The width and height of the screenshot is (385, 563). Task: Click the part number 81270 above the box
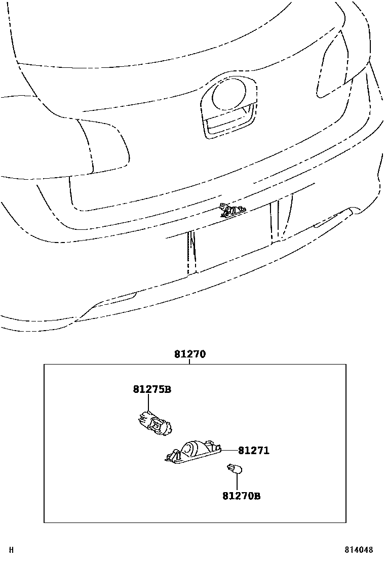click(x=190, y=354)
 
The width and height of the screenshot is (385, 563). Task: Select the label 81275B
click(x=152, y=389)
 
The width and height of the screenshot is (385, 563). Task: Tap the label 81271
click(x=254, y=451)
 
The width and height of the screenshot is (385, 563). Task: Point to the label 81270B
click(x=241, y=496)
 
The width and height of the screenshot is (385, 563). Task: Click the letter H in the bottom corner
click(x=11, y=550)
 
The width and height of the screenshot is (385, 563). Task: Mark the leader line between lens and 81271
click(x=230, y=450)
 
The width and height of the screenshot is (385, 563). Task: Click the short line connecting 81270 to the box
click(x=190, y=361)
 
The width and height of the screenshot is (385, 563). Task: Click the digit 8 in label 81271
click(x=241, y=451)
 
